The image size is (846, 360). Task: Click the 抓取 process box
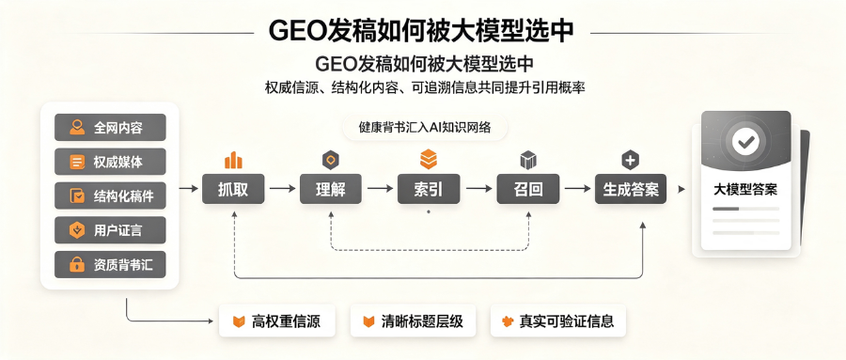coord(233,189)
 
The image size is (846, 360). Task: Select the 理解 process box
coord(331,189)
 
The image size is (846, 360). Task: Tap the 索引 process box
coord(429,189)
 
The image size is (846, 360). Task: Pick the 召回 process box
coord(528,189)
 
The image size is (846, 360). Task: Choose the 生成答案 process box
coord(631,189)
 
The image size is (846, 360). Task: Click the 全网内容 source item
coord(110,128)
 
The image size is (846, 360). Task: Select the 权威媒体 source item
coord(110,162)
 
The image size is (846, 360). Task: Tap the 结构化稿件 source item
coord(110,196)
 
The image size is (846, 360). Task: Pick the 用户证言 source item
coord(110,230)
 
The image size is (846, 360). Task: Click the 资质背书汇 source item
coord(110,264)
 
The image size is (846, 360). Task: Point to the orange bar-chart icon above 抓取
coord(233,161)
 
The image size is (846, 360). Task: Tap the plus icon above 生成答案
coord(630,160)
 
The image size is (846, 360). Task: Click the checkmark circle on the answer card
coord(745,142)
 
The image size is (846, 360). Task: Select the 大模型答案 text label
coord(745,190)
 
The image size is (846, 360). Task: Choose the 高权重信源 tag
coord(277,322)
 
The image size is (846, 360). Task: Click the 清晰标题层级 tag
coord(415,322)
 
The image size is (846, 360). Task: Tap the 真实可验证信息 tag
coord(558,322)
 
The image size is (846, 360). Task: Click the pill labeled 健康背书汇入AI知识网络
coord(425,128)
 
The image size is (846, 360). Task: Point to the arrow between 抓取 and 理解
coord(283,189)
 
